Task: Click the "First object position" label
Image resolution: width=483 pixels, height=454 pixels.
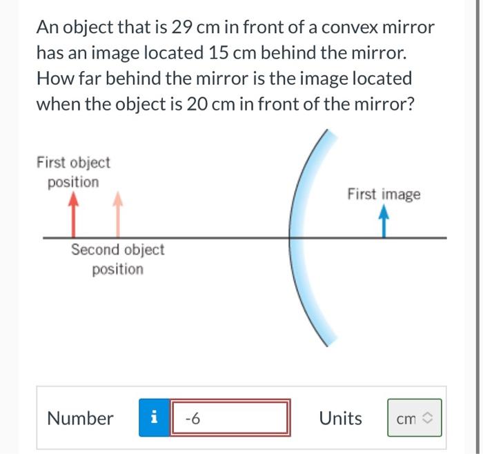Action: [73, 172]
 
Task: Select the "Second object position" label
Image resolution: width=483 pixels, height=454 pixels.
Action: [117, 259]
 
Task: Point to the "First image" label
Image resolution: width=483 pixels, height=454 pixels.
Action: [384, 194]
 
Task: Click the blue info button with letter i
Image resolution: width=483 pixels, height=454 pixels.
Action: [153, 417]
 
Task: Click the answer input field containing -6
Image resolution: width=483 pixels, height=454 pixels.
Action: [230, 417]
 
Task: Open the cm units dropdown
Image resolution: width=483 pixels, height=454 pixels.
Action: [414, 418]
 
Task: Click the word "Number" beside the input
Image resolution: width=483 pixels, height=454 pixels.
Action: [80, 418]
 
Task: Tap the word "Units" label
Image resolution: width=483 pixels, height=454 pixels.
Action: [340, 418]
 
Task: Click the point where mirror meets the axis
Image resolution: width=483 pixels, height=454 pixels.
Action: [289, 238]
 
